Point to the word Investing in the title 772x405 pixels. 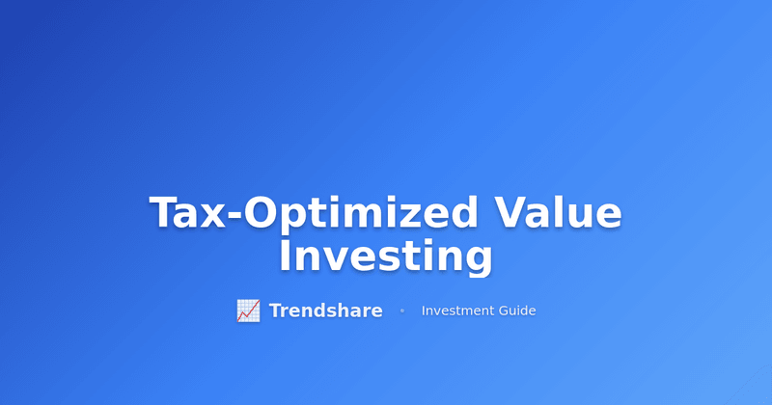coord(386,257)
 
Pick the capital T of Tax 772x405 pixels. coord(165,213)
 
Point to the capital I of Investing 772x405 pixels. coord(286,256)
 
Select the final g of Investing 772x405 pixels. coord(477,261)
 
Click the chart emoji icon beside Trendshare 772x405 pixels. coord(248,310)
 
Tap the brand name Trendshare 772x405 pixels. coord(325,310)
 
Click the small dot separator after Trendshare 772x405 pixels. coord(401,310)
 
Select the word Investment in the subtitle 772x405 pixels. coord(457,310)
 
